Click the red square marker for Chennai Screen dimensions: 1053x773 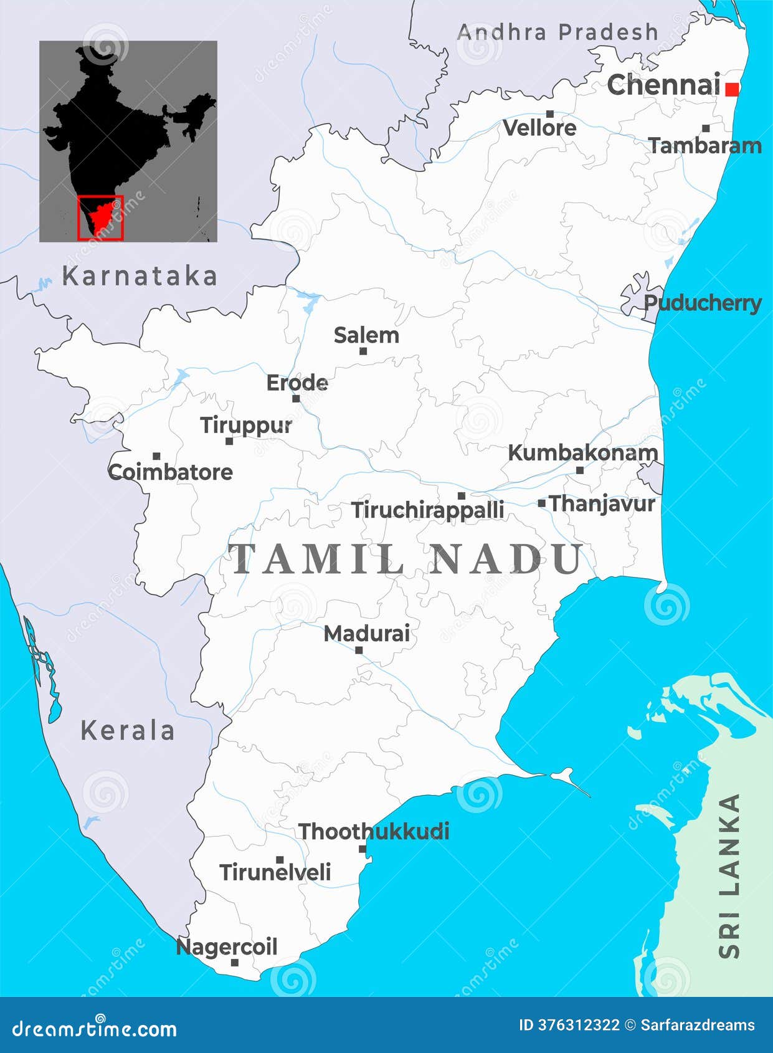point(733,89)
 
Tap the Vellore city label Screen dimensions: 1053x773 point(539,128)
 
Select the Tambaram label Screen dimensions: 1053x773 point(705,146)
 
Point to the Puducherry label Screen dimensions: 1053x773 point(702,303)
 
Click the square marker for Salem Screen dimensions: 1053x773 point(363,351)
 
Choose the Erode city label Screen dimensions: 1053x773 point(297,383)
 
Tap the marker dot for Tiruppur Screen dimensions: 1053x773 point(229,441)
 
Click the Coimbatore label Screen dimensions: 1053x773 point(170,472)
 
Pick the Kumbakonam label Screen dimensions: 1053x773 point(582,453)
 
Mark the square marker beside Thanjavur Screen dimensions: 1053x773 point(541,503)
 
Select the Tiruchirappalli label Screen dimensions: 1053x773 point(427,510)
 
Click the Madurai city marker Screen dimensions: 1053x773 point(359,650)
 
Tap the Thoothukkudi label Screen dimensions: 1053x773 point(374,831)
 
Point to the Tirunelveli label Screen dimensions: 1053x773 point(275,872)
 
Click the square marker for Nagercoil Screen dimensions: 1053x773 point(235,962)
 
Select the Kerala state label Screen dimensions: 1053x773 point(128,730)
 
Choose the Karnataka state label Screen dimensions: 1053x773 point(140,276)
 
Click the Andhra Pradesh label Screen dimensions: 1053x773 point(557,32)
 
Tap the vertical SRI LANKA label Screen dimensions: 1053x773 point(729,875)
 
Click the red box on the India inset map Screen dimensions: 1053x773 point(100,217)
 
